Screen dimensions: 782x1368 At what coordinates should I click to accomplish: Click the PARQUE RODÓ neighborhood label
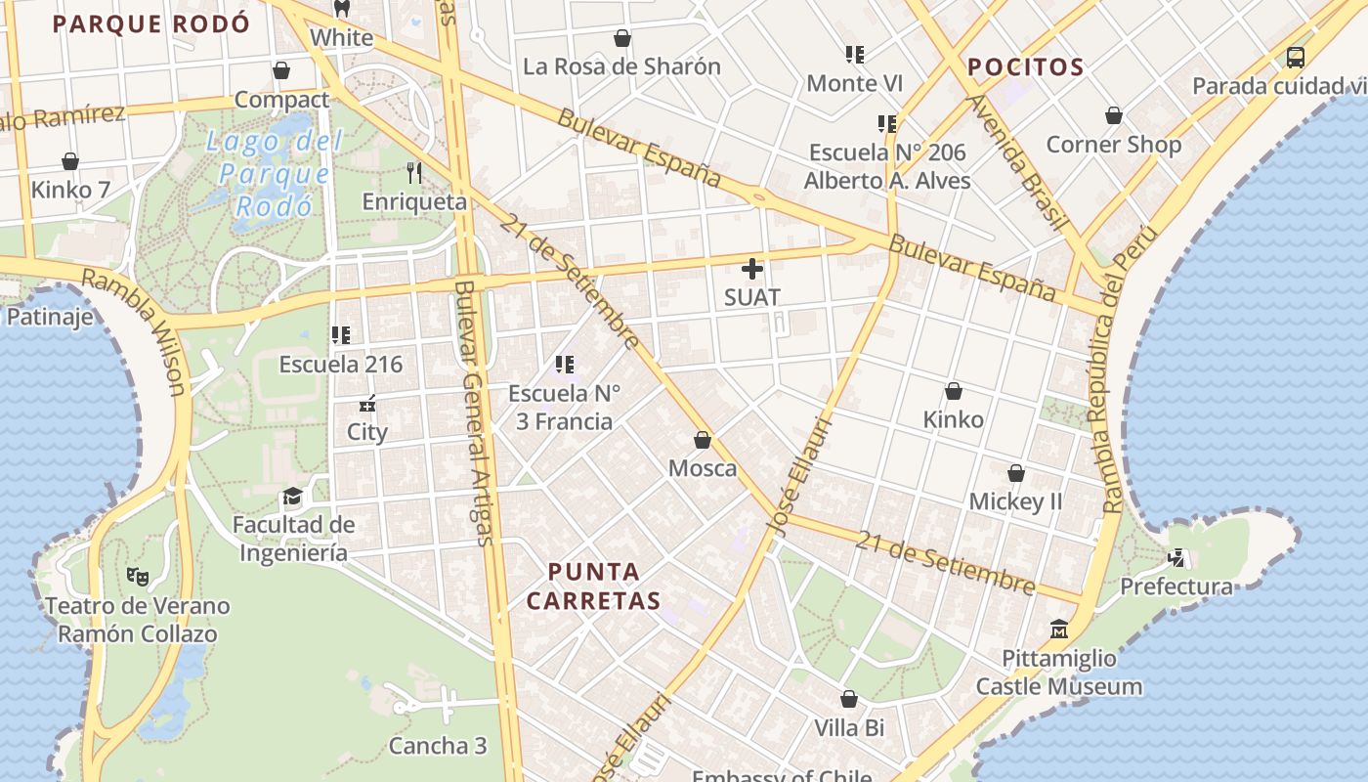point(151,24)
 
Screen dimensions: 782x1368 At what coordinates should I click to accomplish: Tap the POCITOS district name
point(1025,67)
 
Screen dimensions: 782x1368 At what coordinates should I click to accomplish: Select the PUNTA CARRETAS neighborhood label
point(594,586)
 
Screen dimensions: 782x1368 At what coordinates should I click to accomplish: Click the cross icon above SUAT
point(752,268)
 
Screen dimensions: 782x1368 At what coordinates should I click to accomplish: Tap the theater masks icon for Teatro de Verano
point(137,577)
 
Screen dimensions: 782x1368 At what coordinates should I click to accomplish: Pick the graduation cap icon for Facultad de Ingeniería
point(292,497)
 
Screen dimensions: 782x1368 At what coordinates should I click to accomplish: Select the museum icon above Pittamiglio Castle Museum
point(1059,629)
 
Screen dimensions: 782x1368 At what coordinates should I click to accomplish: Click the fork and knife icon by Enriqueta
point(414,173)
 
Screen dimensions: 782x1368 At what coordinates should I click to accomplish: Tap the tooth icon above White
point(341,9)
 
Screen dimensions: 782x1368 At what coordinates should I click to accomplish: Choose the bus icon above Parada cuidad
point(1296,57)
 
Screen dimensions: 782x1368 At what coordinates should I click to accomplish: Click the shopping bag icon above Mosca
point(702,440)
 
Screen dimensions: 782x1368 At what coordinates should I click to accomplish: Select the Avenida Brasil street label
point(1016,161)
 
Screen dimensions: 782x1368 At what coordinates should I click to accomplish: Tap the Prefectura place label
point(1176,586)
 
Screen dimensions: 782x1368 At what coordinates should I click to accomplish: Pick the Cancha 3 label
point(437,746)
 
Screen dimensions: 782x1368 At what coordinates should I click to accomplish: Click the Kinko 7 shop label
point(70,189)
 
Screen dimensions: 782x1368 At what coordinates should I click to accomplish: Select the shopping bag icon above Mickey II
point(1016,473)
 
